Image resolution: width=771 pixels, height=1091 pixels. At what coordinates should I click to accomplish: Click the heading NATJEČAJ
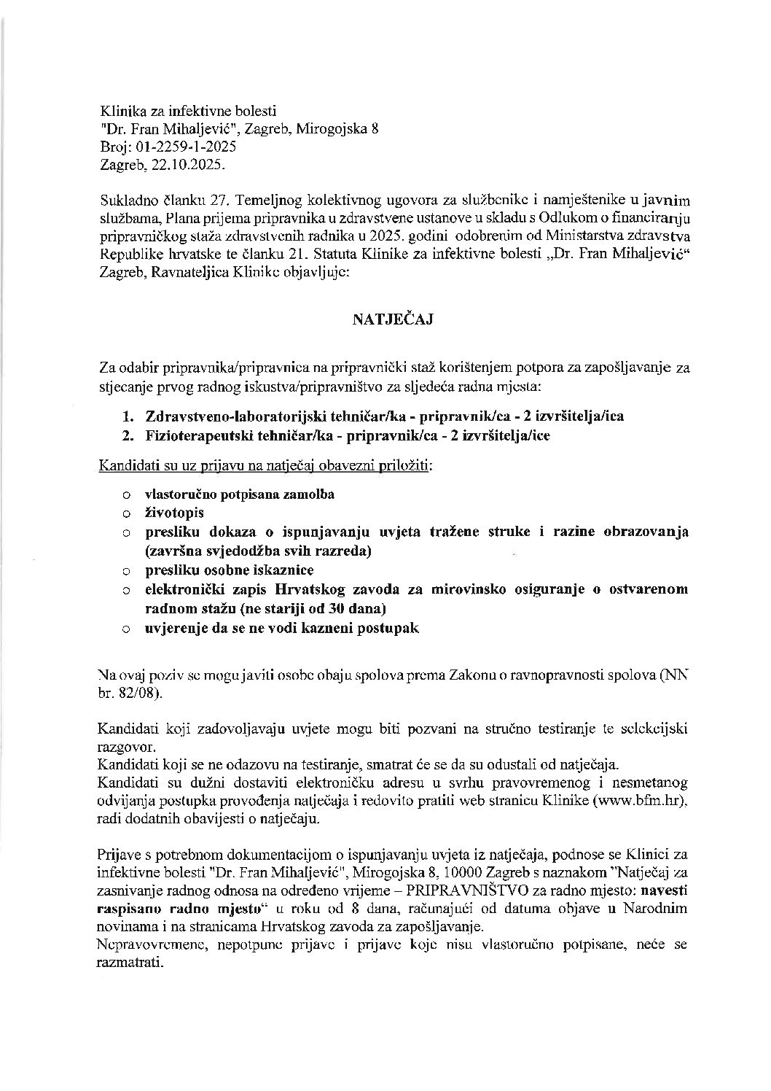[x=394, y=319]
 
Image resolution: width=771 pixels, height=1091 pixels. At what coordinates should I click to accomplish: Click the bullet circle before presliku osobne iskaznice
[x=127, y=570]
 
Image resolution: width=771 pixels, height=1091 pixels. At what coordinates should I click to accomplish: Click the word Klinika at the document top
[x=120, y=112]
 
